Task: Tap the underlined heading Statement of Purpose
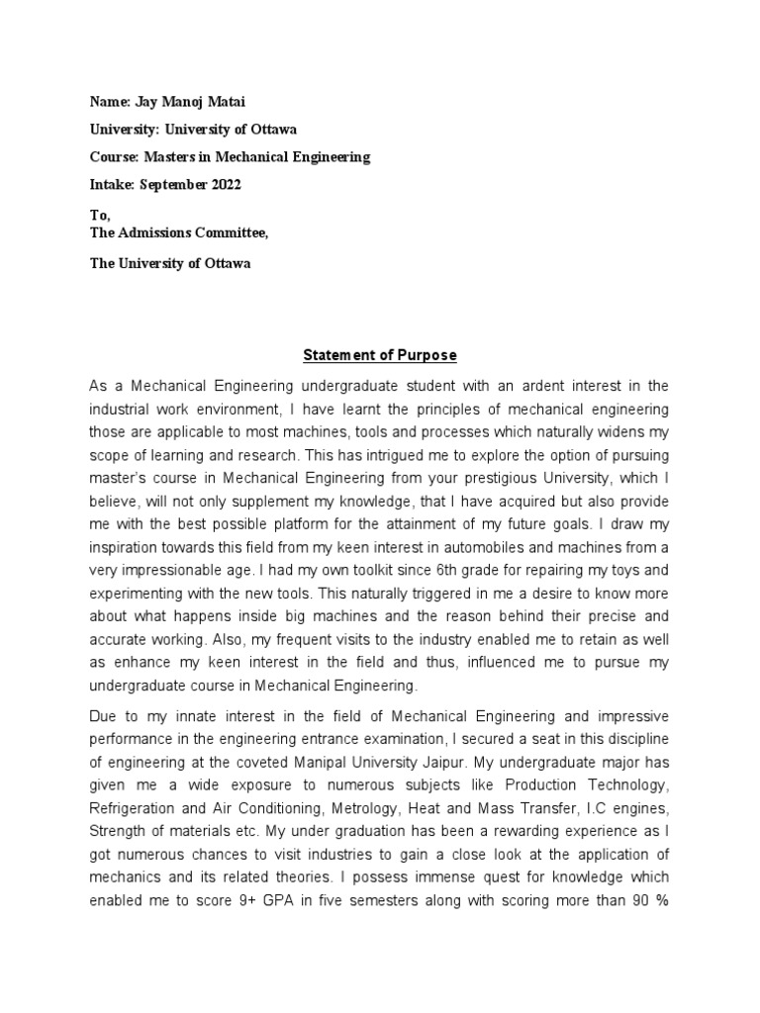pos(380,355)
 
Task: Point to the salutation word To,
pos(101,216)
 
